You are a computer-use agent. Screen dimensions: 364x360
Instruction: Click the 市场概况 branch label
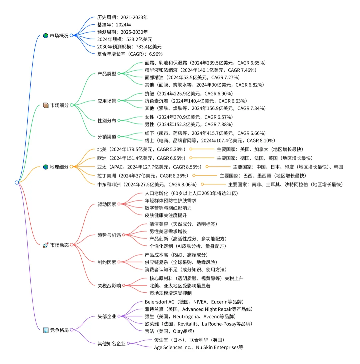[x=59, y=36]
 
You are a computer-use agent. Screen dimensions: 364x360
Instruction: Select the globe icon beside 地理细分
[x=46, y=167]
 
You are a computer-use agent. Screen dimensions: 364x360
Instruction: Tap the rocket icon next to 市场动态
[x=46, y=245]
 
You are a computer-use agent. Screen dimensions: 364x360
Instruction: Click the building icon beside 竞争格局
[x=46, y=330]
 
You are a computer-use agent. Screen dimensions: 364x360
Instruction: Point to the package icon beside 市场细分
[x=46, y=105]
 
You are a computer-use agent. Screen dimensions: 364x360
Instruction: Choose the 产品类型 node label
[x=107, y=74]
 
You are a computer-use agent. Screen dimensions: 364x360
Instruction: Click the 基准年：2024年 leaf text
[x=114, y=25]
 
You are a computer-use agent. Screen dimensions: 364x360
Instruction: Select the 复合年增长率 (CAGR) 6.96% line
[x=130, y=54]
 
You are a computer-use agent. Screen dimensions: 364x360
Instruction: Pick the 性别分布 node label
[x=107, y=121]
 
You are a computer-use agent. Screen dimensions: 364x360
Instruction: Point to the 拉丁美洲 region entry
[x=143, y=176]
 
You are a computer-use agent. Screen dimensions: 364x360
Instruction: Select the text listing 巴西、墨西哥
[x=263, y=176]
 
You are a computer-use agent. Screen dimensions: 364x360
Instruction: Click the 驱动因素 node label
[x=107, y=204]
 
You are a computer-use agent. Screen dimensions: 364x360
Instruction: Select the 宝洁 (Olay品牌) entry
[x=169, y=331]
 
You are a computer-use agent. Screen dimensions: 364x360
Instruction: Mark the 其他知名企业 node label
[x=111, y=344]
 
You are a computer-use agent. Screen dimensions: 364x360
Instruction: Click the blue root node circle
[x=17, y=182]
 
